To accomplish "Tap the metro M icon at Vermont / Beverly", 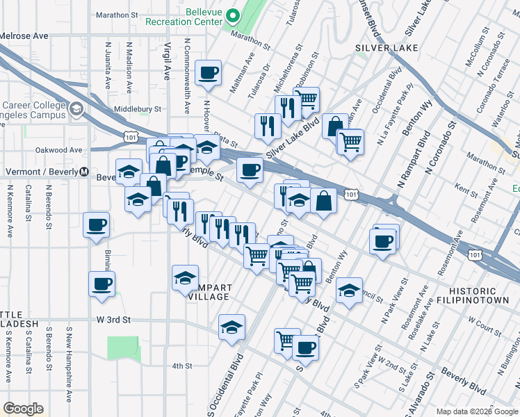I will (x=84, y=172).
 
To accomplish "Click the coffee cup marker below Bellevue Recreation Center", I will (x=209, y=72).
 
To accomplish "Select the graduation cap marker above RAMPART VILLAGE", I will (x=184, y=277).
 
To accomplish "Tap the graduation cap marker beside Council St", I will (x=350, y=291).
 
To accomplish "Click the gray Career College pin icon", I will (x=76, y=110).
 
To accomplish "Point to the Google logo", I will (x=23, y=409).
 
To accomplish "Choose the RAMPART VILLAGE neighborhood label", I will (x=209, y=292).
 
